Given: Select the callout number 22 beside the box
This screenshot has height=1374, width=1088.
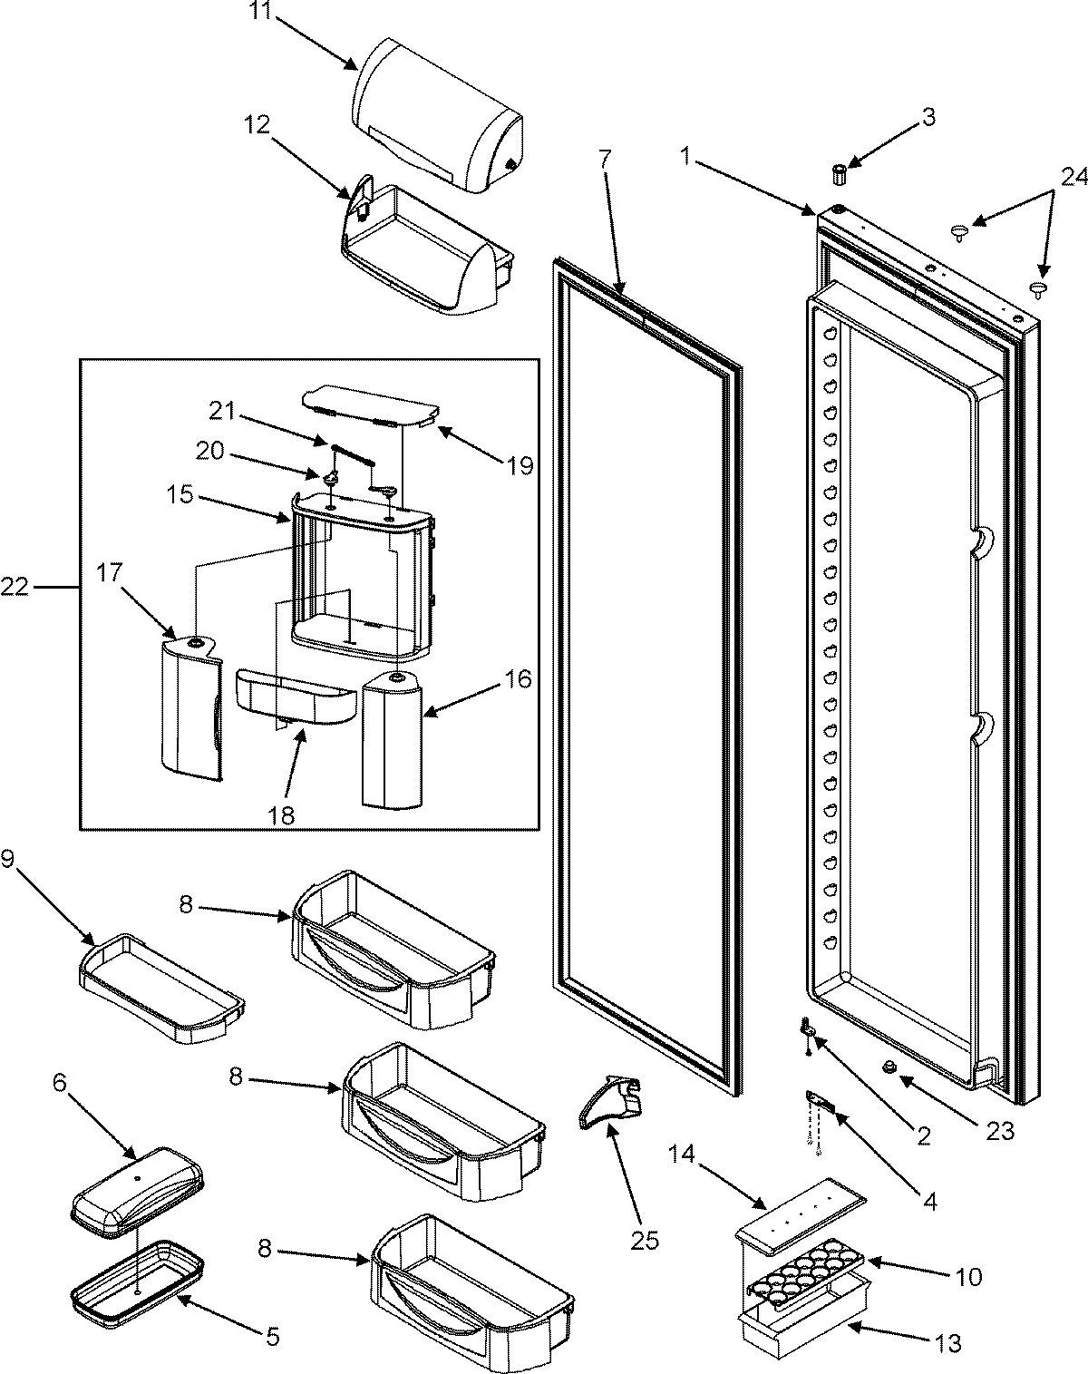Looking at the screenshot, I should [x=15, y=589].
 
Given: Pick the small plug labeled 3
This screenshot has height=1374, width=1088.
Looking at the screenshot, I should [x=839, y=172].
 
